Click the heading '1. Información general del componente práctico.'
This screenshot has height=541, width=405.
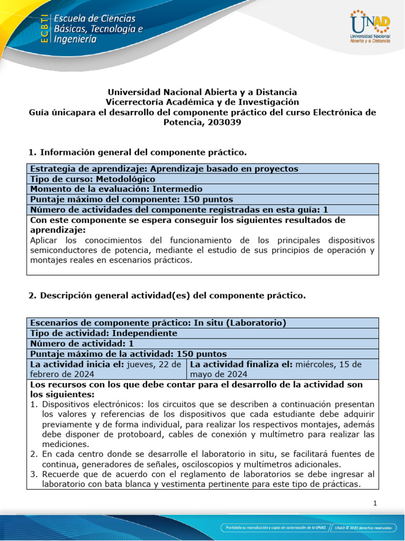click(138, 152)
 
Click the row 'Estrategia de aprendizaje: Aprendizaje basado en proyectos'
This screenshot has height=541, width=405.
click(165, 169)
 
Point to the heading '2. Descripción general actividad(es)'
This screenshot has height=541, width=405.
click(167, 295)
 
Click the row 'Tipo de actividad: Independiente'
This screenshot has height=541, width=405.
click(104, 333)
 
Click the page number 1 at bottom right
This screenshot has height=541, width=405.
click(375, 503)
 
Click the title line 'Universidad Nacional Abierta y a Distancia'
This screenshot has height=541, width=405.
click(202, 92)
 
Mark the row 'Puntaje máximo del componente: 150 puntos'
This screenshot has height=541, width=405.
click(132, 199)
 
